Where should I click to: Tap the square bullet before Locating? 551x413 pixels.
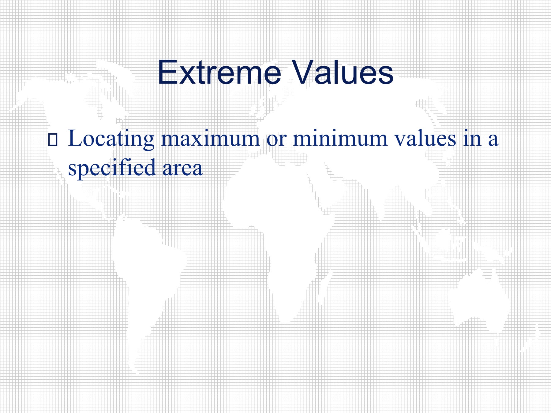click(53, 140)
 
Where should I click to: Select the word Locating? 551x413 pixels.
click(111, 139)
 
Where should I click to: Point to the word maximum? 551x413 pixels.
click(210, 139)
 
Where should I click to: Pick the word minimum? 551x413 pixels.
click(340, 139)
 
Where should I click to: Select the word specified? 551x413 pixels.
click(112, 168)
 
